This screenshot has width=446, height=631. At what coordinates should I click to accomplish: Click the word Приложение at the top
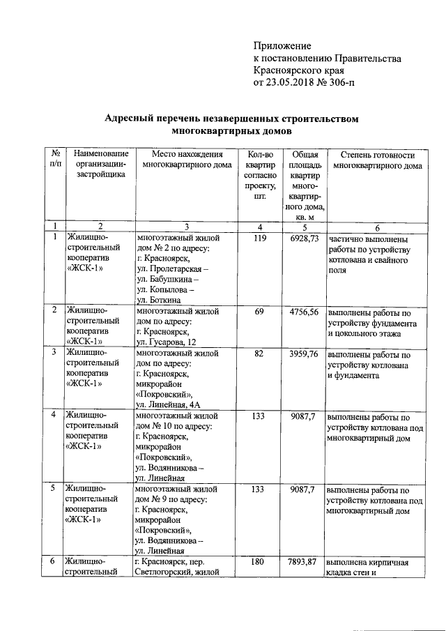(x=282, y=45)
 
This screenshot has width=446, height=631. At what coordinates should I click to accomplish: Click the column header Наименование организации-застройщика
(x=101, y=165)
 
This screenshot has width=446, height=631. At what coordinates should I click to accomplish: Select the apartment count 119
(x=259, y=238)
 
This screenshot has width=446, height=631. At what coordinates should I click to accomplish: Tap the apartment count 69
(x=259, y=310)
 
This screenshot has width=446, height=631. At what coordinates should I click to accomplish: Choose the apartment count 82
(x=259, y=353)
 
